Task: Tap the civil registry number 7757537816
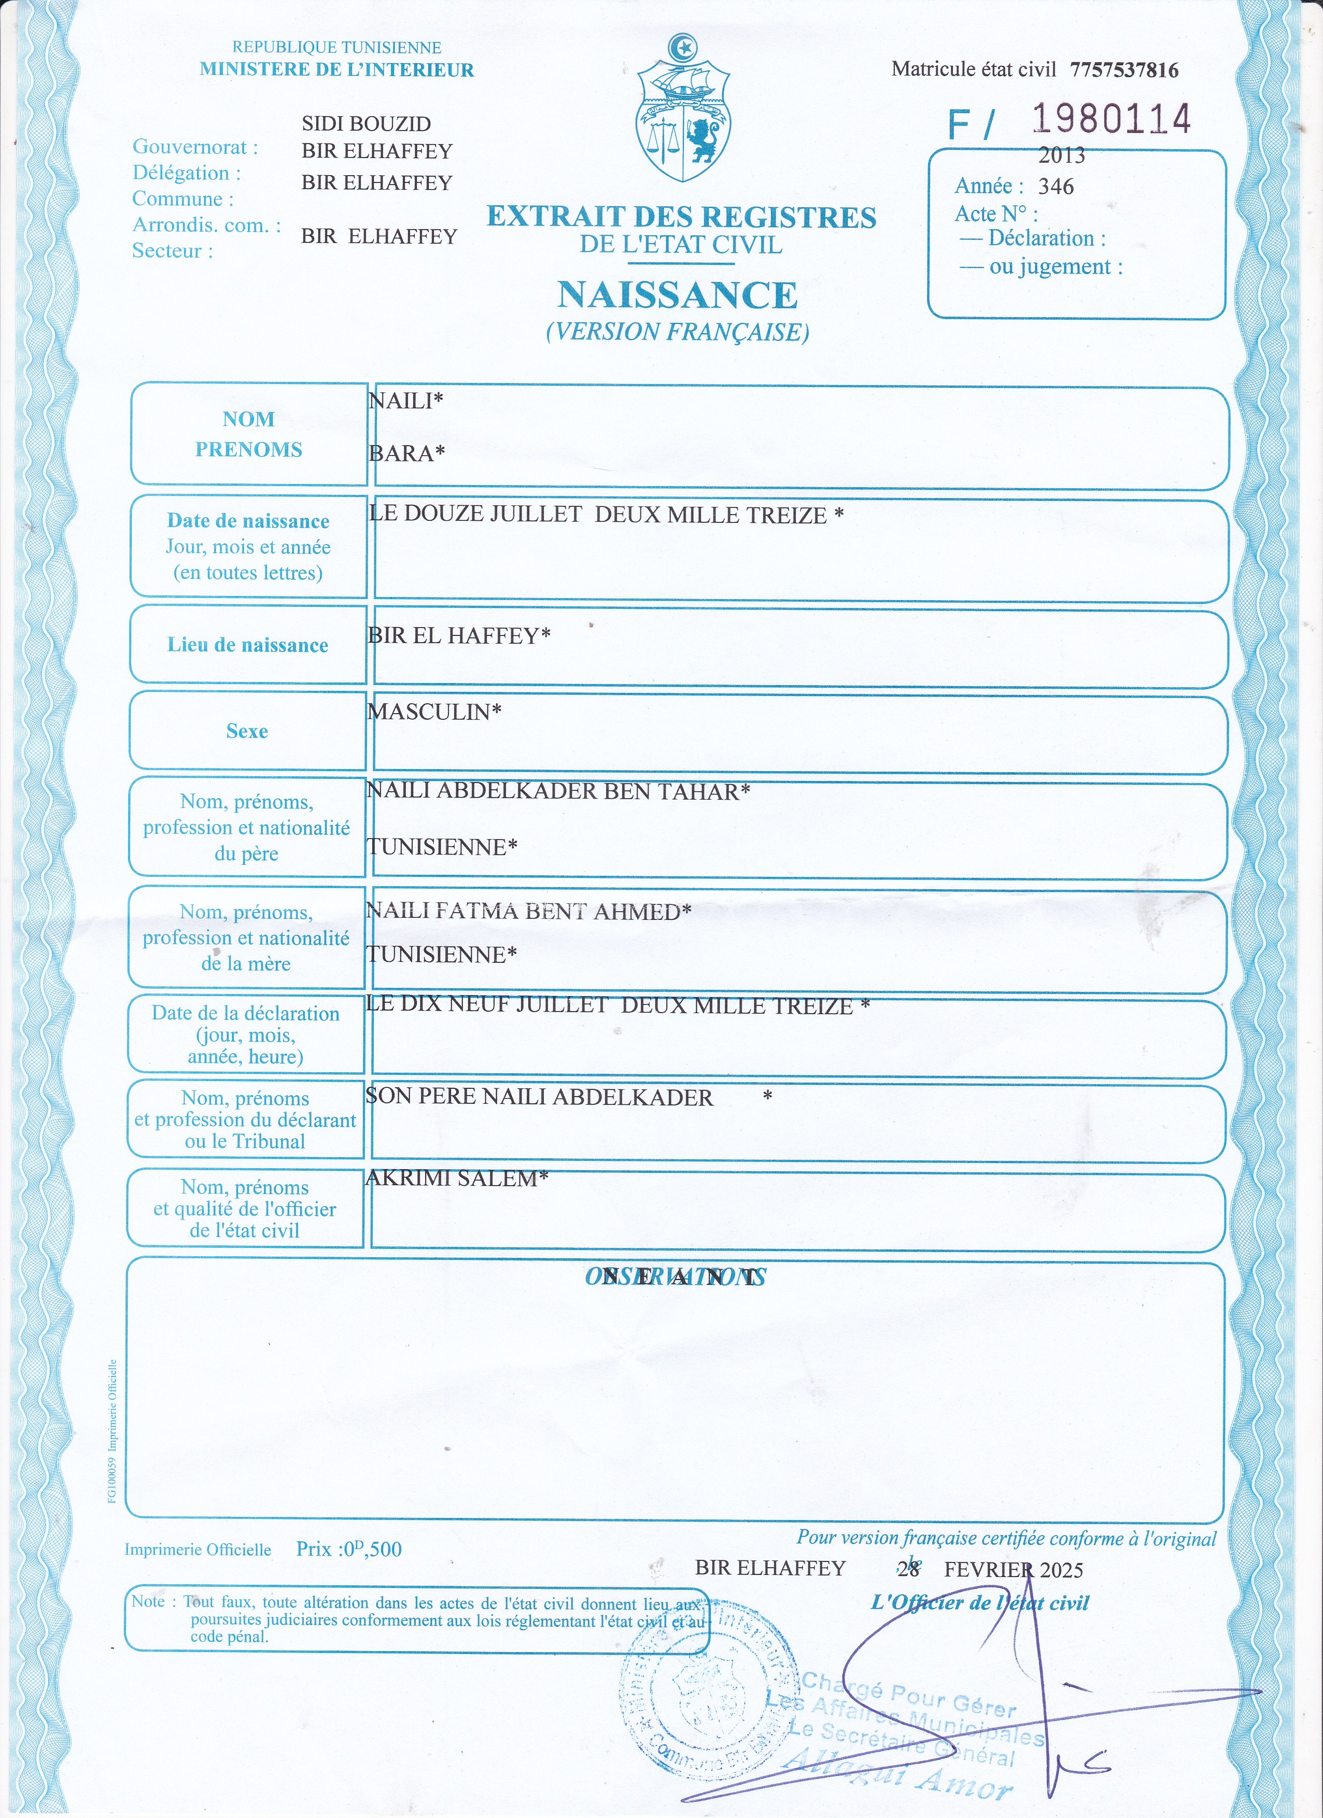(1124, 70)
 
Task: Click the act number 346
(1056, 187)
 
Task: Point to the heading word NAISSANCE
(678, 295)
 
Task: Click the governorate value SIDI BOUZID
(367, 123)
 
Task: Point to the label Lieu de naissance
(248, 645)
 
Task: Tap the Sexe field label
(247, 731)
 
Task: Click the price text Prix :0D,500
(349, 1549)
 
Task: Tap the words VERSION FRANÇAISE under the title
(678, 332)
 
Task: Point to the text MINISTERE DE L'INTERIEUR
(337, 70)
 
